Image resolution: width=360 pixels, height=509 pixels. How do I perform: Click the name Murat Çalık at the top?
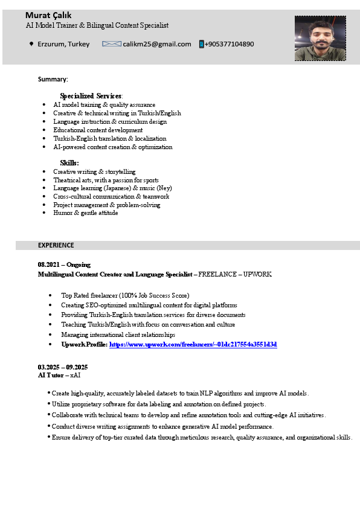[x=48, y=15]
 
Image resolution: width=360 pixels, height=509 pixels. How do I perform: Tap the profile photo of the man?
[x=320, y=38]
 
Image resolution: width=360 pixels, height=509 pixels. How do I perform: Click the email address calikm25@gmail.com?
[x=157, y=44]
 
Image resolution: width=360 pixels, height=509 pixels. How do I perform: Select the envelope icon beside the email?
[x=112, y=44]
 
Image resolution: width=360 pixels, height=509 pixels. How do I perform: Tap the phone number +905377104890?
[x=230, y=44]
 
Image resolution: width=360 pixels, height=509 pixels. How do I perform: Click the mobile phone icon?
[x=201, y=44]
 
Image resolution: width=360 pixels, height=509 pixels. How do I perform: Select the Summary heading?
[x=53, y=79]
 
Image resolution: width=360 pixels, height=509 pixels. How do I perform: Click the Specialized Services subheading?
[x=91, y=96]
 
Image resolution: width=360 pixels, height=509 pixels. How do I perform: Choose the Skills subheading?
[x=69, y=163]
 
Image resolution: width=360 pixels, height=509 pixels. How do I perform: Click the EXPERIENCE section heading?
[x=56, y=245]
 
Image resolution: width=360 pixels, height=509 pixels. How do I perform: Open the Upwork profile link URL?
[x=193, y=344]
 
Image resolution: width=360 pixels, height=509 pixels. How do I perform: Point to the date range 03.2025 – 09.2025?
[x=63, y=367]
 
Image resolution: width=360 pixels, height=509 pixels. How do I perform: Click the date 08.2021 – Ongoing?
[x=64, y=264]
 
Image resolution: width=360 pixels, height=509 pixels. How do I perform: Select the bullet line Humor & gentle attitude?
[x=86, y=213]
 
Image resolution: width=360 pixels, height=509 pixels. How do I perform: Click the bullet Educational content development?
[x=98, y=130]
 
